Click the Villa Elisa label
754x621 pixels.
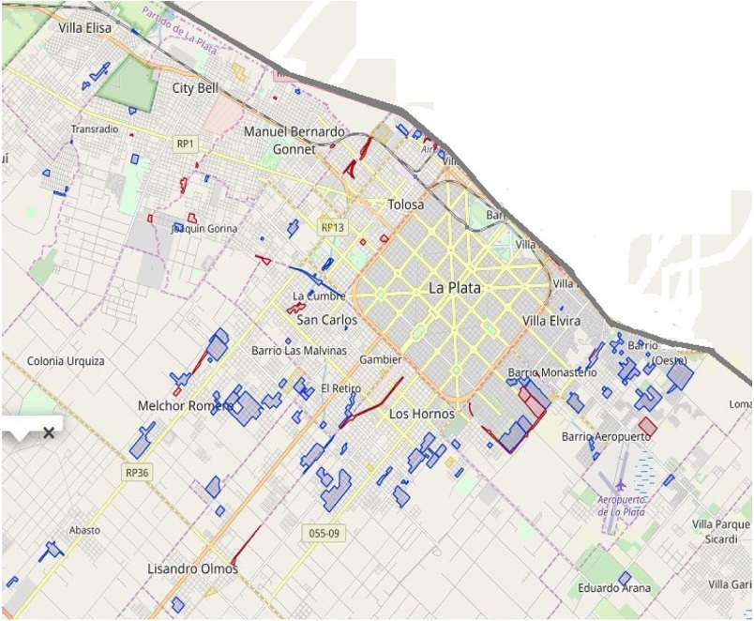[84, 28]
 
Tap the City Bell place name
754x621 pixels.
[195, 88]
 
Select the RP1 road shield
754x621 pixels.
[185, 144]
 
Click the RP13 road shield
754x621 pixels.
[332, 227]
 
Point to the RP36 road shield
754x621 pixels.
[137, 473]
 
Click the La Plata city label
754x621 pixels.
[454, 288]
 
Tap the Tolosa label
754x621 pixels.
[405, 204]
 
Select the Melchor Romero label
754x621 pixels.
[185, 405]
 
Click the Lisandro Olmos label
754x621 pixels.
[192, 568]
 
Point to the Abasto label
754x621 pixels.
[84, 530]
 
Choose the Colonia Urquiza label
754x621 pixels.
[66, 361]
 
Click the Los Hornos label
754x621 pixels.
[421, 414]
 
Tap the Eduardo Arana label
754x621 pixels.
[614, 588]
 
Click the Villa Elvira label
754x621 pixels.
[551, 321]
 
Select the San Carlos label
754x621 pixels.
[326, 320]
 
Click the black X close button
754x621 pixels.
[49, 432]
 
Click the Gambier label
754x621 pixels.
[381, 359]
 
